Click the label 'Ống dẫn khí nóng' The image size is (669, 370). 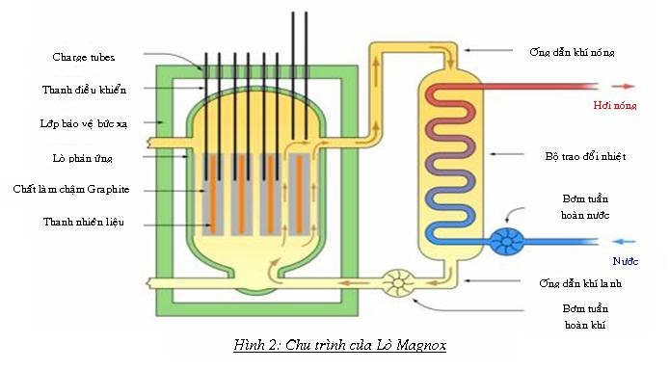point(572,51)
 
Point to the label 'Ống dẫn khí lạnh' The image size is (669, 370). point(579,283)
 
